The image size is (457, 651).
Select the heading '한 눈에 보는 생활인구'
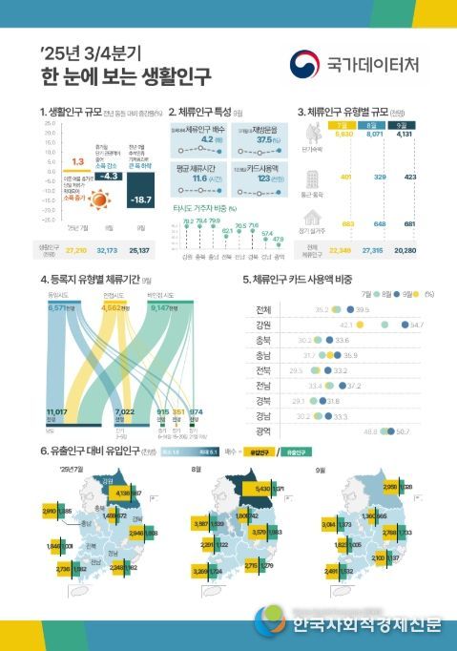(x=126, y=73)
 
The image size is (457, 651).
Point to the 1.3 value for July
(x=78, y=161)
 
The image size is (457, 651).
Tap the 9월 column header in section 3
(x=404, y=125)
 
